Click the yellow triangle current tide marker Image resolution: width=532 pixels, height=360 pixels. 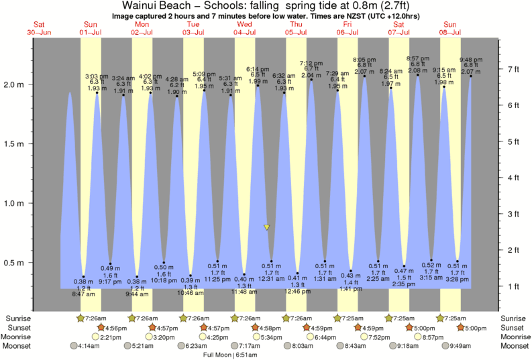click(x=267, y=228)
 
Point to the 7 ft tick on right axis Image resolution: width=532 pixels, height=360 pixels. click(x=514, y=69)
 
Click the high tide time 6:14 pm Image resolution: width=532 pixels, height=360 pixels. click(x=258, y=69)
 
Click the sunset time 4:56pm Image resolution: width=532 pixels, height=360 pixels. click(x=113, y=327)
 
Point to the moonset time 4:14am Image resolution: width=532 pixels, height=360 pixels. click(x=88, y=346)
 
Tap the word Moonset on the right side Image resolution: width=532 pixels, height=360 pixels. click(x=515, y=346)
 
